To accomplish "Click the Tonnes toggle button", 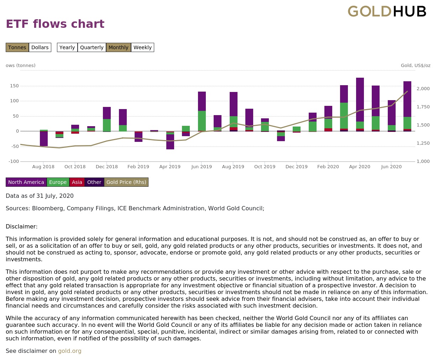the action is [17, 47].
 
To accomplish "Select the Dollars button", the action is [40, 47].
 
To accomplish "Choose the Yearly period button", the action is [67, 47].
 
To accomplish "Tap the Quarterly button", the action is [92, 47].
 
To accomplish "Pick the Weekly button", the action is [143, 47].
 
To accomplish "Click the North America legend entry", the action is [26, 182].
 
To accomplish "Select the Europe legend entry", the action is [58, 182].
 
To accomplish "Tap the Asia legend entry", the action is [77, 182].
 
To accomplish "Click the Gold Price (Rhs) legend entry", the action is [126, 182].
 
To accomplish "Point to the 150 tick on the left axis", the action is [14, 86].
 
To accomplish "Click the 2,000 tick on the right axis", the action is [423, 89].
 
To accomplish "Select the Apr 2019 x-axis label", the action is [170, 167].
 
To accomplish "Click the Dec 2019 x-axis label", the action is [296, 167].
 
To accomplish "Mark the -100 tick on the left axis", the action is [14, 161].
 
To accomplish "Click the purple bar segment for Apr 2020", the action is [360, 100].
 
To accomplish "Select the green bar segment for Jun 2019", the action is [202, 121].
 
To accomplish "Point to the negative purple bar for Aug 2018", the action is [44, 139].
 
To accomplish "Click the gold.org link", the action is [70, 351].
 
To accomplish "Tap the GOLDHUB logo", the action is [387, 11].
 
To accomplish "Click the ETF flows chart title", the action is [55, 24].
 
